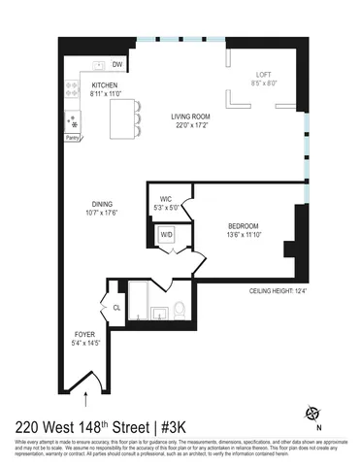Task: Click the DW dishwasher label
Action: (116, 65)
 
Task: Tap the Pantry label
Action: (72, 139)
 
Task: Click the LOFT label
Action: (264, 74)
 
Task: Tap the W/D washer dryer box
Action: (167, 234)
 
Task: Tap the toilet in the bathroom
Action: (180, 310)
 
